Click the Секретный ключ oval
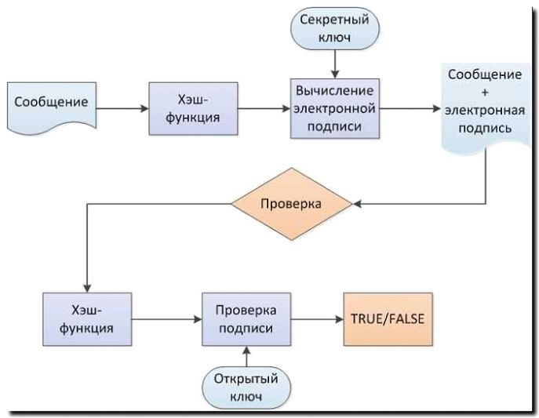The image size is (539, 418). click(335, 28)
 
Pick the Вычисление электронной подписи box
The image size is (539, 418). click(336, 107)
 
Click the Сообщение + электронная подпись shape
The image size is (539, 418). click(484, 103)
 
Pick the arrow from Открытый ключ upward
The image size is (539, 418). click(246, 355)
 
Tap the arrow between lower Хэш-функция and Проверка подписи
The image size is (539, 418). click(165, 319)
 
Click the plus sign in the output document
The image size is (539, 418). click(484, 93)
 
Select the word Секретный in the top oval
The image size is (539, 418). click(335, 20)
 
